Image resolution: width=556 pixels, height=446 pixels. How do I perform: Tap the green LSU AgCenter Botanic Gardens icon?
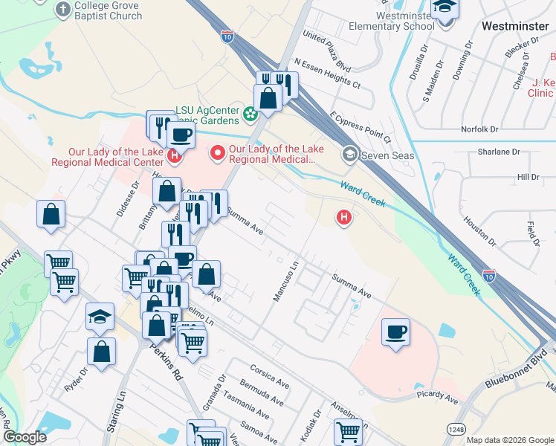[x=250, y=114]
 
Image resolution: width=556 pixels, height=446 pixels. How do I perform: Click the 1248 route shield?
[x=456, y=429]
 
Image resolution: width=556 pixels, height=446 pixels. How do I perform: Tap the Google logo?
[x=25, y=438]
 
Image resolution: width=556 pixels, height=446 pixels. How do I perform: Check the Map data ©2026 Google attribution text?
[x=509, y=440]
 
